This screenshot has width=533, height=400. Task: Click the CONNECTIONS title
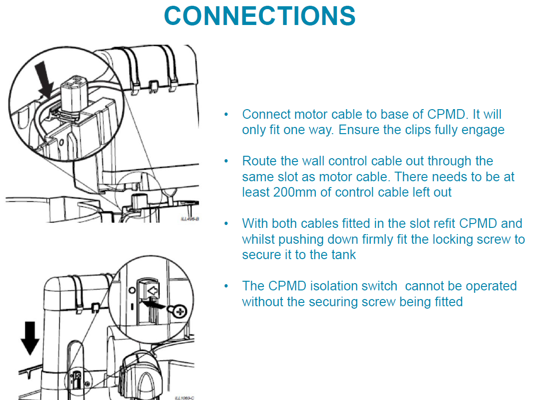coord(260,16)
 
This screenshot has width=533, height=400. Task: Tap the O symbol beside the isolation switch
coord(132,291)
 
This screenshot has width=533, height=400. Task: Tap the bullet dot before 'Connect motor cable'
coord(226,115)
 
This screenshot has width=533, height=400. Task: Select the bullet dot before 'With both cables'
coord(226,224)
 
